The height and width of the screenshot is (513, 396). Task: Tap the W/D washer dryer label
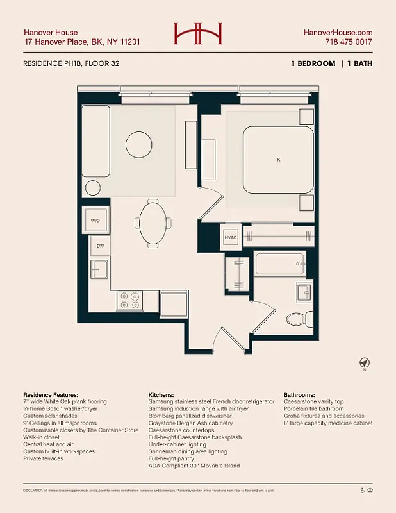(x=95, y=221)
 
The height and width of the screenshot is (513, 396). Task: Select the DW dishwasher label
(x=101, y=246)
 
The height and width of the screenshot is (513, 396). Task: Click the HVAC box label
(x=230, y=237)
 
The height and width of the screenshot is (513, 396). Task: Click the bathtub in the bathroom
(x=279, y=263)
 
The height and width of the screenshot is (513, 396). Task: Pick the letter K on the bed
(x=279, y=159)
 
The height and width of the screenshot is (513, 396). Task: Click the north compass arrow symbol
(x=364, y=363)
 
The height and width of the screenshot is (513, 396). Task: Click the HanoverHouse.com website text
(x=338, y=32)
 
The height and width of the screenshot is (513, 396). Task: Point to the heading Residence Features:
(x=51, y=394)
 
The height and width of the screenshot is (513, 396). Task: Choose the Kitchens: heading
(x=165, y=394)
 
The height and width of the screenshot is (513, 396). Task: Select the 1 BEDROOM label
(x=312, y=63)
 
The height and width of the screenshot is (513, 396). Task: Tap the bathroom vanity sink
(x=303, y=292)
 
